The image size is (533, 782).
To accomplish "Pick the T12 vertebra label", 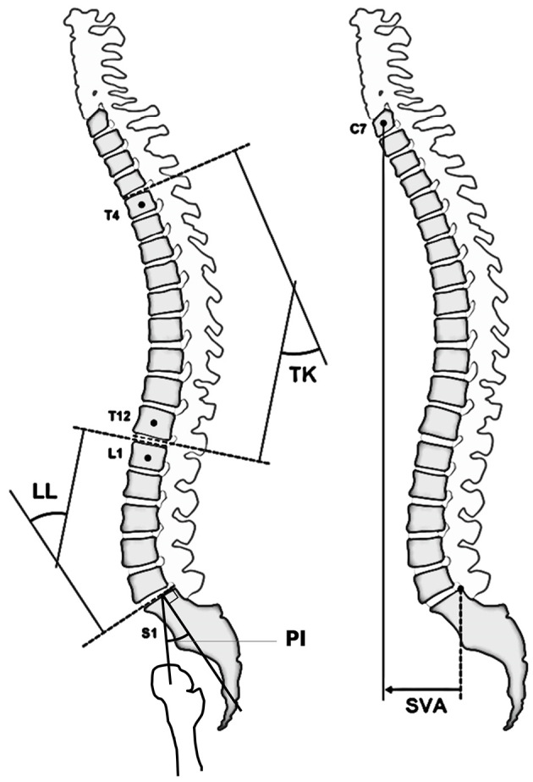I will pos(118,415).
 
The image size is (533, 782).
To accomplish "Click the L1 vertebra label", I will pos(114,453).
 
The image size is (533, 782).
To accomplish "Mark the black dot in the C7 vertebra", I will pos(382,124).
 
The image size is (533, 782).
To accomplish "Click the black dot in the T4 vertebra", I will pos(141,205).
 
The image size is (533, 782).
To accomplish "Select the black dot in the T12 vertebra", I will pos(153,421).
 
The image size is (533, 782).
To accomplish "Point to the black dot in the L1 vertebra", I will pos(148,458).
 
